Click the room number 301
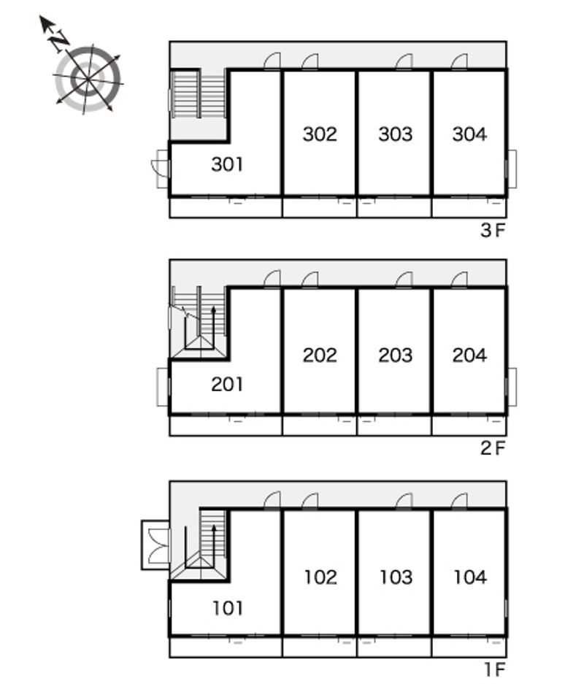tap(227, 164)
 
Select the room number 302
tap(320, 134)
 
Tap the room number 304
tap(469, 134)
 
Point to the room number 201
tap(227, 384)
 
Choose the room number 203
tap(395, 355)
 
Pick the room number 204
tap(469, 355)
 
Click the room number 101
tap(228, 607)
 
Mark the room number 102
tap(320, 577)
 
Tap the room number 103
tap(396, 577)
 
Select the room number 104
tap(470, 577)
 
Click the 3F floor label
tap(493, 231)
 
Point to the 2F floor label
tap(493, 448)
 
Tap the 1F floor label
tap(495, 669)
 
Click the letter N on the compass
tap(58, 41)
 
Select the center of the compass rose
tap(88, 80)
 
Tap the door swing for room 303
tap(404, 61)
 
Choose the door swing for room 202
tap(310, 279)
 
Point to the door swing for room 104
tap(459, 500)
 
